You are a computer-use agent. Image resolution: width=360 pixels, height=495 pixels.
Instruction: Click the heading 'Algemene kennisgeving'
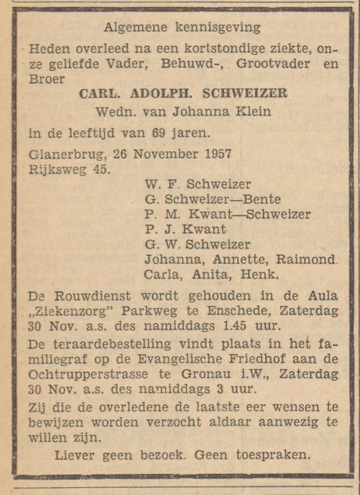point(182,27)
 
